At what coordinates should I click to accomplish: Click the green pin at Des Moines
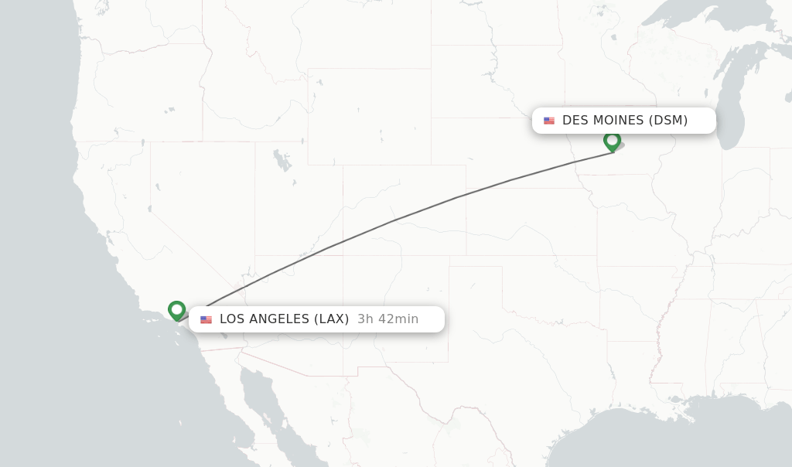[612, 141]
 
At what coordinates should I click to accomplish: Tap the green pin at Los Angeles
[176, 310]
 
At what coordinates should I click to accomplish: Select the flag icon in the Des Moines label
[549, 121]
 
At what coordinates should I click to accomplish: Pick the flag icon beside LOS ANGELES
[206, 319]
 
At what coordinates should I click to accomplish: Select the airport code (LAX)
[331, 319]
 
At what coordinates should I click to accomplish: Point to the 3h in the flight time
[364, 319]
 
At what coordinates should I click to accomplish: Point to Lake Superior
[696, 15]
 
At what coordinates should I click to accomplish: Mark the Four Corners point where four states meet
[343, 256]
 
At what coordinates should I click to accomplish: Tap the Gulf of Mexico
[657, 433]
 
